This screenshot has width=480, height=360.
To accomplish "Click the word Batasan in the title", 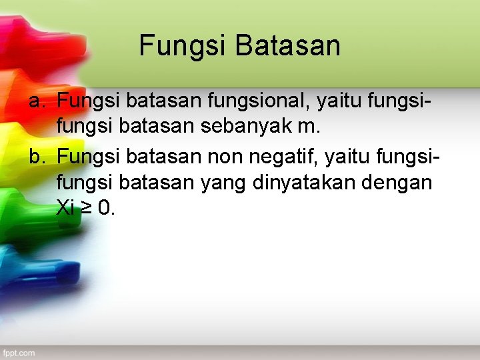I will click(288, 46).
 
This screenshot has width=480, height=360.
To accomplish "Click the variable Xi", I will click(65, 208).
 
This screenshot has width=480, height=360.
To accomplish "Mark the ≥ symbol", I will click(87, 209).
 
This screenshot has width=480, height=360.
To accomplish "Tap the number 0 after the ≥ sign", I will click(104, 208).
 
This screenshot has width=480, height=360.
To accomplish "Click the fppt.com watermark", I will click(18, 353).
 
